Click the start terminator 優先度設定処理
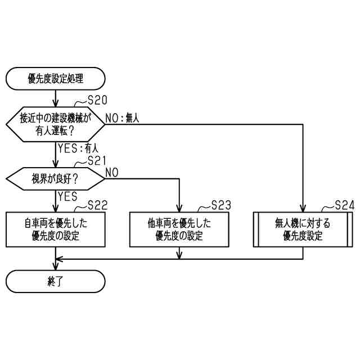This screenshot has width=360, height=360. tap(56, 79)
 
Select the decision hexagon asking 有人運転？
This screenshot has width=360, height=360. tap(56, 125)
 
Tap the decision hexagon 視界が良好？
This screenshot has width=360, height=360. tap(56, 179)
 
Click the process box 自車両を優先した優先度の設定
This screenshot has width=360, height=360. tap(56, 229)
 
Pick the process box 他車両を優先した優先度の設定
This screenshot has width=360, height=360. tap(179, 229)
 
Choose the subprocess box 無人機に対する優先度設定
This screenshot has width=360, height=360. tap(303, 229)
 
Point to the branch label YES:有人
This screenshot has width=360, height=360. tap(78, 149)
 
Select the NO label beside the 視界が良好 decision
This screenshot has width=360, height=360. tap(112, 172)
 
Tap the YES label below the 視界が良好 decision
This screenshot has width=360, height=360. tap(67, 196)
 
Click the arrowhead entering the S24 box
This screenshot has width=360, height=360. tap(303, 209)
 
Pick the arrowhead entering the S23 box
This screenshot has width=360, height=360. tap(179, 209)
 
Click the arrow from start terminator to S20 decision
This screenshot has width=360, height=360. tap(56, 99)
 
